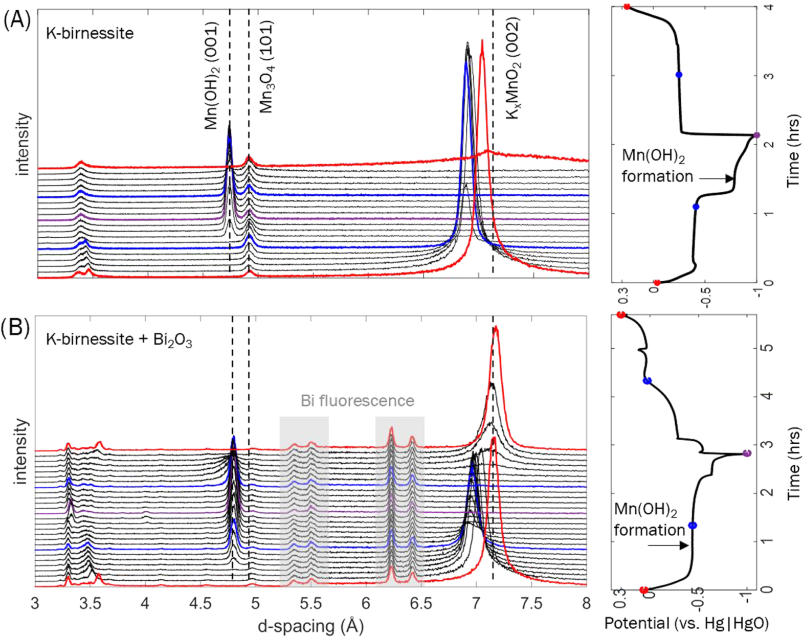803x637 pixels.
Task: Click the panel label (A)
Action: (17, 21)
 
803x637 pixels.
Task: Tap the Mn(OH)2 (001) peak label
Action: (212, 75)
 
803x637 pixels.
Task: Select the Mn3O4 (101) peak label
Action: (266, 66)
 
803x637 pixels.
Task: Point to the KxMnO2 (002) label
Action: (513, 69)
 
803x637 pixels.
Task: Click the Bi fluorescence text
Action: (357, 400)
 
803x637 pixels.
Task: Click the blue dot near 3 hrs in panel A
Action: (679, 75)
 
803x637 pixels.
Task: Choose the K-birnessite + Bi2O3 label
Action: (119, 339)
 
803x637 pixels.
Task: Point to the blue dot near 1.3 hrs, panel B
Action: (693, 526)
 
